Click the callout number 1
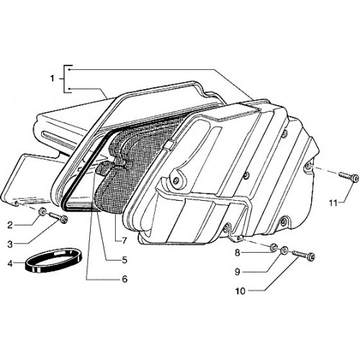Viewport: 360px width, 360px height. [x=53, y=78]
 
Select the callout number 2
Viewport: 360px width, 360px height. [x=10, y=225]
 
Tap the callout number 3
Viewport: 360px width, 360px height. [x=10, y=244]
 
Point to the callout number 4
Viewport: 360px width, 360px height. [x=10, y=264]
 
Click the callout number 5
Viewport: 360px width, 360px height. [x=125, y=260]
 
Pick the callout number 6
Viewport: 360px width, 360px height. [x=125, y=279]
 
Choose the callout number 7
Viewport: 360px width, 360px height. [x=124, y=240]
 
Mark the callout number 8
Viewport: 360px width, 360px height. [x=237, y=253]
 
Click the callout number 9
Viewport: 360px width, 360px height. [x=237, y=272]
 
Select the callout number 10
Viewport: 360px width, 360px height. [x=240, y=291]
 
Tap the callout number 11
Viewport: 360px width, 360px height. [x=333, y=203]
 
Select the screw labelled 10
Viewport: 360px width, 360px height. [x=303, y=255]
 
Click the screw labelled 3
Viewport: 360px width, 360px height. [x=58, y=216]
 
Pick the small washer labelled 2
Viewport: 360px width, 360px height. [x=43, y=211]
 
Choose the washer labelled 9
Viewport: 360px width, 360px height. [x=284, y=251]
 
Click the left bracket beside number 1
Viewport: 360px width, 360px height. [x=65, y=78]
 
